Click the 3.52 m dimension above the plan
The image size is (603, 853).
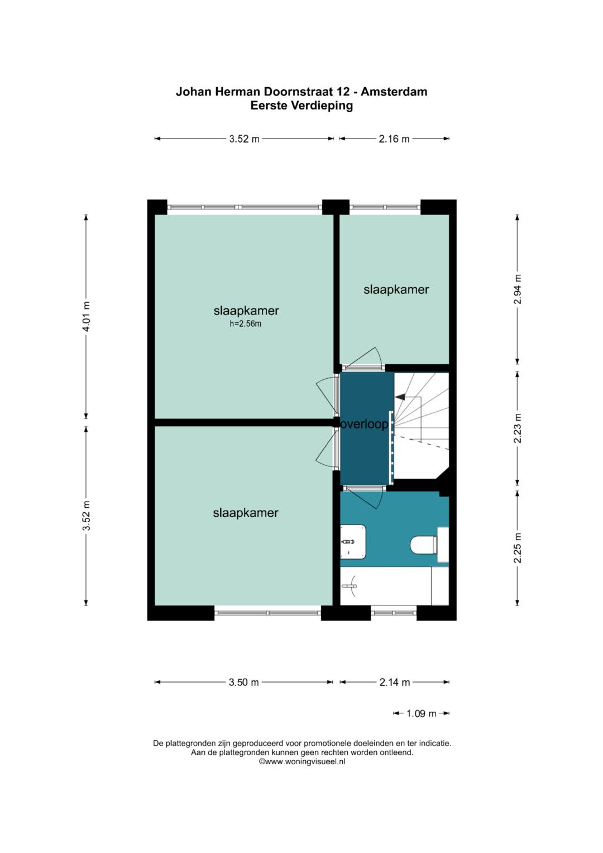244,139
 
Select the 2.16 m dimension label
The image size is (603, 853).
394,139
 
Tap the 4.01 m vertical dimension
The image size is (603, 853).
87,316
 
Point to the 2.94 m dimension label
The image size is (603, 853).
518,289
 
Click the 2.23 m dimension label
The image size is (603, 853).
518,428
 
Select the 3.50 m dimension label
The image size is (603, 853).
243,682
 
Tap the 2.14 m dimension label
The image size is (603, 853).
394,682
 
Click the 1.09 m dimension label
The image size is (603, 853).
421,713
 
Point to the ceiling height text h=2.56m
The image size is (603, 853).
245,324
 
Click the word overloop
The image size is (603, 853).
364,424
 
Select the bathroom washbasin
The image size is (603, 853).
353,542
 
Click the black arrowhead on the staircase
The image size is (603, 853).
400,397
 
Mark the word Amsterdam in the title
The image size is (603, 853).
394,92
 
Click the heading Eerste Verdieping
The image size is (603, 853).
301,106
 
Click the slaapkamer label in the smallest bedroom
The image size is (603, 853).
396,290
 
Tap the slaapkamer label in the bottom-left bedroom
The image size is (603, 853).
246,513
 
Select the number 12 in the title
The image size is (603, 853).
343,92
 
